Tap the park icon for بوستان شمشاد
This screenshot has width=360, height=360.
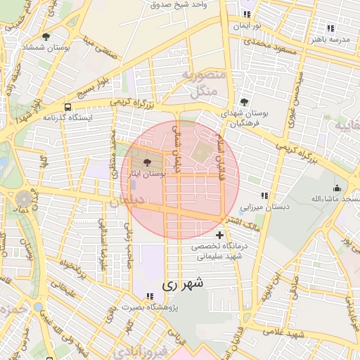(46, 37)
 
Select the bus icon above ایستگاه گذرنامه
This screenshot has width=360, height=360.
(67, 108)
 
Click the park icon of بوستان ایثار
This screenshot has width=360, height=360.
(146, 162)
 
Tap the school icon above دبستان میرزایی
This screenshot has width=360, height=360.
(264, 196)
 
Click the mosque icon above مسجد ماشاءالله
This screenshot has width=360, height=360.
(337, 188)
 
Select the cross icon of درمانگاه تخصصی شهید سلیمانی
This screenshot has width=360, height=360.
(220, 235)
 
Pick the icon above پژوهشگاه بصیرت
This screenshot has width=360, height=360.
(149, 297)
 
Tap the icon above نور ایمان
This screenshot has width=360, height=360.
(246, 14)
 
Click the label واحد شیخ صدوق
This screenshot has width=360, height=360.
(179, 4)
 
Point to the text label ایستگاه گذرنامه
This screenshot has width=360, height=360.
(67, 118)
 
